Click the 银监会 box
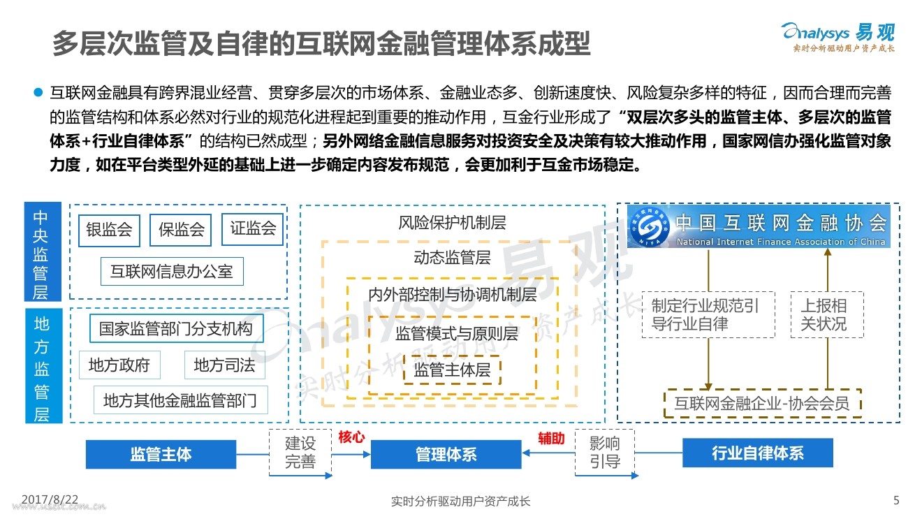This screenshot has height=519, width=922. pyautogui.click(x=109, y=231)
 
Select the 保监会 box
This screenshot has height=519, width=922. pyautogui.click(x=180, y=231)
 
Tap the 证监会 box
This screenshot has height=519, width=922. pyautogui.click(x=252, y=228)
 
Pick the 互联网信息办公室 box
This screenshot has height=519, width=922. pyautogui.click(x=172, y=271)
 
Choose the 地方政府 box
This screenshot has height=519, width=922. pyautogui.click(x=119, y=365)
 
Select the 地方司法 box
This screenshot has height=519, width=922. pyautogui.click(x=224, y=365)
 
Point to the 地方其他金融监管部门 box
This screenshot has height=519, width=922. pyautogui.click(x=180, y=400)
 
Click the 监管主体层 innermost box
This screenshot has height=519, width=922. pyautogui.click(x=452, y=370)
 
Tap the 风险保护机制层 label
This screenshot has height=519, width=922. pyautogui.click(x=452, y=224)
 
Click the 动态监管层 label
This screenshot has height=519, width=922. pyautogui.click(x=452, y=258)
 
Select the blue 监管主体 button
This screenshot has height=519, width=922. pyautogui.click(x=161, y=454)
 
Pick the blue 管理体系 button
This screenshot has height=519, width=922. pyautogui.click(x=446, y=455)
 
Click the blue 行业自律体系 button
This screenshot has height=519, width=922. pyautogui.click(x=757, y=453)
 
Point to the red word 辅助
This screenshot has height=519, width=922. pyautogui.click(x=551, y=439)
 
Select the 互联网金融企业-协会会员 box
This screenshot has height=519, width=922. pyautogui.click(x=762, y=404)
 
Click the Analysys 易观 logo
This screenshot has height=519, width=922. pyautogui.click(x=837, y=35)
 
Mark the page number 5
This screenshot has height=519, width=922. pyautogui.click(x=897, y=500)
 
